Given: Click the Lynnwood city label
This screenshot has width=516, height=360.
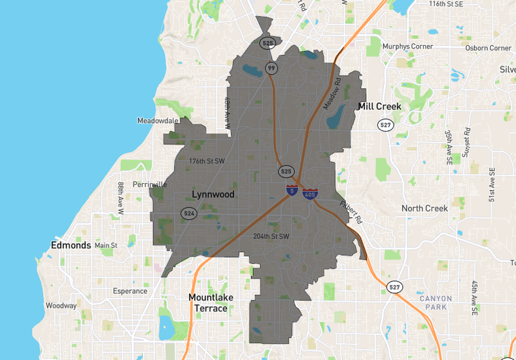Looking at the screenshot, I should (213, 194).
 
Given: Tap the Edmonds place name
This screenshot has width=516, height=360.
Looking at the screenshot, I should (71, 245).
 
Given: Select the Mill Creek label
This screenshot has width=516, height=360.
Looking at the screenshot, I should (379, 106).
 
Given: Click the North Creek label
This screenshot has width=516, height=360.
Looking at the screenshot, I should (424, 208).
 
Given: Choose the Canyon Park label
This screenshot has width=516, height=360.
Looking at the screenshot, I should (436, 302).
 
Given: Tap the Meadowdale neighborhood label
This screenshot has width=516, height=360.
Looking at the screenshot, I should (158, 120).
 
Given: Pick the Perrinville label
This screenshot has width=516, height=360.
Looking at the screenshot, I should (150, 185).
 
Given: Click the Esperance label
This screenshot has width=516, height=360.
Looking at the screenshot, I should (130, 291).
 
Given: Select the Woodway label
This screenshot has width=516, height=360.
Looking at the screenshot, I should (61, 306).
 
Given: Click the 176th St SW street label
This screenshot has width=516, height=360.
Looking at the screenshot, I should (207, 160).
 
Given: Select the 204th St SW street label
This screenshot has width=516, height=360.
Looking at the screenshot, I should (271, 236).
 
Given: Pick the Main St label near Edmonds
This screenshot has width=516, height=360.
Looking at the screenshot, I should (105, 245).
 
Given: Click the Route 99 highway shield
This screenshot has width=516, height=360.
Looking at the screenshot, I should (271, 68).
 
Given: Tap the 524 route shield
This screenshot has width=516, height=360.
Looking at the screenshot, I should (190, 213).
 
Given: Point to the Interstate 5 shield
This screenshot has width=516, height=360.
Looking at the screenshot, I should (292, 190).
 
